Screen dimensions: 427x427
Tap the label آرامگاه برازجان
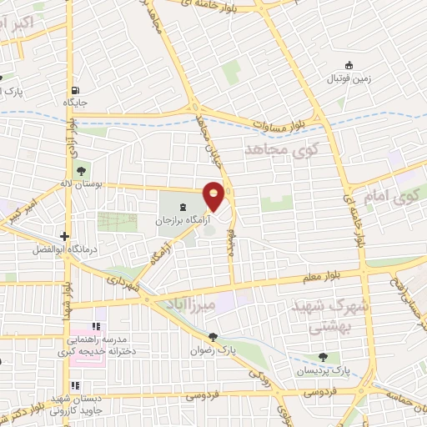pos(178,223)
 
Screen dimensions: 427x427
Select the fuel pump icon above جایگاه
pos(76,91)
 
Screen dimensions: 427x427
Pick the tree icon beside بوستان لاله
pos(81,173)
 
